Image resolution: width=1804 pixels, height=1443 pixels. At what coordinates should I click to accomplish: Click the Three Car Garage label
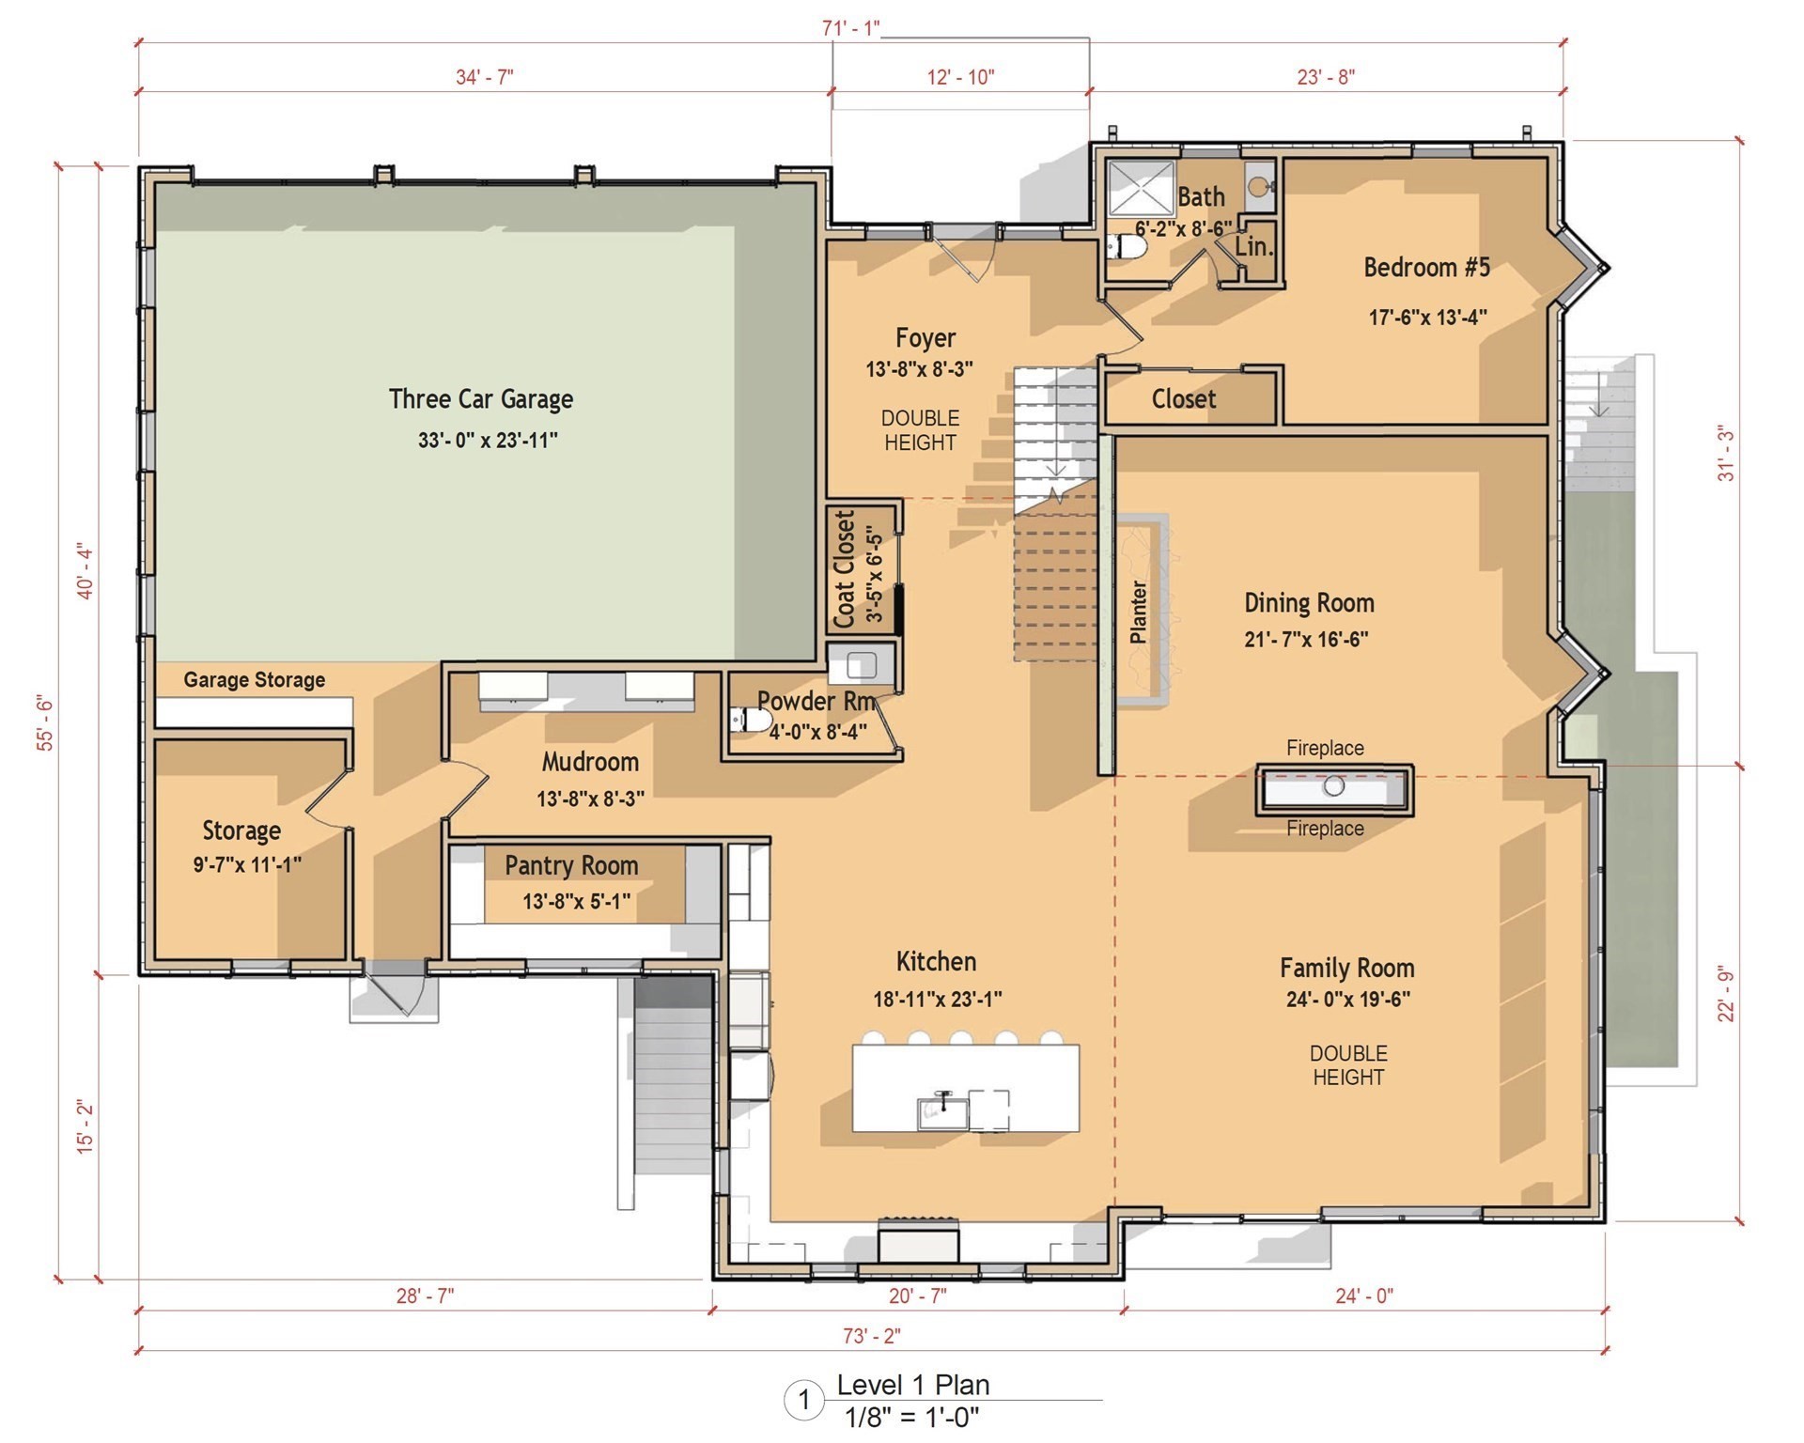click(480, 399)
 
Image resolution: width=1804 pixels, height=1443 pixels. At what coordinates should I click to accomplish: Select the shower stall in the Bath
click(1141, 191)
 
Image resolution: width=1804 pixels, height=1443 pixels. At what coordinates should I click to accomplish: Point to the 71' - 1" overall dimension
click(850, 28)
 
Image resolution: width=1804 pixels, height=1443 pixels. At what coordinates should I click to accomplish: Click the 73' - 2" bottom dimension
click(873, 1335)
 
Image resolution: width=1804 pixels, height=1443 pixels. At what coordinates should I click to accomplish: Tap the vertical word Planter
click(1138, 612)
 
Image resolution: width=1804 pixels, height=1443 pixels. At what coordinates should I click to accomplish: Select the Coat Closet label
click(845, 569)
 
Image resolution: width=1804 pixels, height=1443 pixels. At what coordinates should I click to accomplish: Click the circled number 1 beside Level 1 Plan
click(803, 1401)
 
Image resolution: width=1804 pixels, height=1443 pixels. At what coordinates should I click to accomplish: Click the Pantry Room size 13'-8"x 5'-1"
click(576, 902)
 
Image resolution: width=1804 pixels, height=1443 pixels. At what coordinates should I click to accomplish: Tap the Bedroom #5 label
click(1426, 268)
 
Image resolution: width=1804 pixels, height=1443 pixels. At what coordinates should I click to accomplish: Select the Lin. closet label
click(1253, 247)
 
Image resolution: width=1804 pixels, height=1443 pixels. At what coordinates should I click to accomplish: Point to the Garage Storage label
click(254, 679)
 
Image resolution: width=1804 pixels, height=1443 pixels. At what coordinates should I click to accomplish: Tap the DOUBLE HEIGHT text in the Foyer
click(920, 430)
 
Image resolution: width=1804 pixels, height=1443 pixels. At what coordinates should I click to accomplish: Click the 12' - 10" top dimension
click(960, 77)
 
